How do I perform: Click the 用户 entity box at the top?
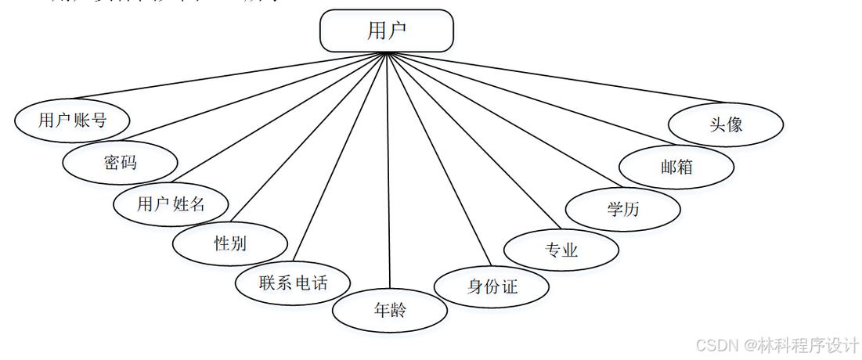click(387, 31)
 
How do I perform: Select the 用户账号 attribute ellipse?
click(72, 120)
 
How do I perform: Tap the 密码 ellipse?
click(120, 162)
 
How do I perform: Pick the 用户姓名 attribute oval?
click(171, 204)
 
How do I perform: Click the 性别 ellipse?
click(230, 243)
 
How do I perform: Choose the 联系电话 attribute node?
click(293, 283)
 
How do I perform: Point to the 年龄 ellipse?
click(390, 310)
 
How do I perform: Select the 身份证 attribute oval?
click(492, 286)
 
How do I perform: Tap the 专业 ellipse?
click(561, 250)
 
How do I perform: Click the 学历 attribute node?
click(622, 209)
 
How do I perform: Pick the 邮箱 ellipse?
click(676, 167)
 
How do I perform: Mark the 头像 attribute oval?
click(726, 124)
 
